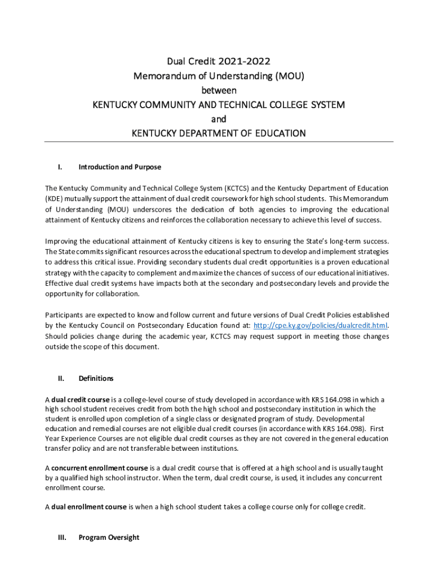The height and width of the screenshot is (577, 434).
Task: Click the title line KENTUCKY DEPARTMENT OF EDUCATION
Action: pos(219,134)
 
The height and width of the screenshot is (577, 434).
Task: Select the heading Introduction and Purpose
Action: pos(119,167)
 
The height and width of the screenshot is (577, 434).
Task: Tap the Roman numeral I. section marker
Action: pos(59,167)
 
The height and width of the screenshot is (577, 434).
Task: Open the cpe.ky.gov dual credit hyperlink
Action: pos(321,326)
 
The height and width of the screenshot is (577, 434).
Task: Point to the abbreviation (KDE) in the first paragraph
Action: pos(55,198)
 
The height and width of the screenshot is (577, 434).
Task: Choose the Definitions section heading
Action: pos(96,378)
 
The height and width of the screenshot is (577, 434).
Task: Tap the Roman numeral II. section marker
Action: pos(60,378)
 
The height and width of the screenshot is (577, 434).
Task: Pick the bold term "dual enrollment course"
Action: pos(88,507)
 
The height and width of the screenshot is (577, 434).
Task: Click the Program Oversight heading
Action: pos(109,538)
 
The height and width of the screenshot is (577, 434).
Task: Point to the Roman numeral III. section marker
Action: pos(61,538)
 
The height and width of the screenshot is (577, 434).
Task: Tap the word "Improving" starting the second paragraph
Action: pos(63,242)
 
